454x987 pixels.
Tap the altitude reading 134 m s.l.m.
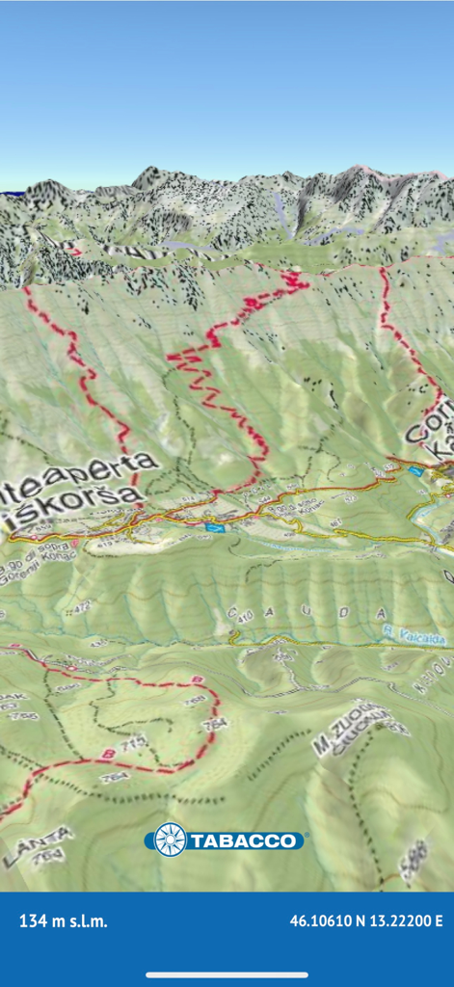[x=64, y=921]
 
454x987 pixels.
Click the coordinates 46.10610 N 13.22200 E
[x=366, y=921]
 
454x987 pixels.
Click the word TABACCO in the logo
[x=246, y=841]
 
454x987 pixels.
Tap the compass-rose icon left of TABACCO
[x=171, y=840]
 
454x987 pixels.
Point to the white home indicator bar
[x=227, y=974]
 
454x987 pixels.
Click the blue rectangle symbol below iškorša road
[x=215, y=527]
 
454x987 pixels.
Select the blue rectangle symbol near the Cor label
[x=414, y=471]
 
